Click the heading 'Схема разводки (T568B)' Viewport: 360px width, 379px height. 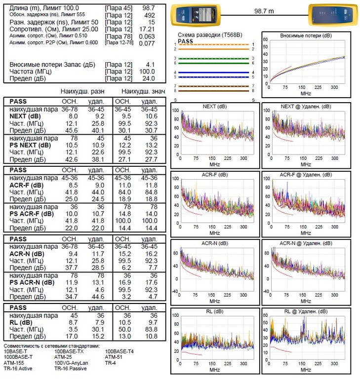(206, 36)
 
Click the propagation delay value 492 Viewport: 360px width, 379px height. (149, 15)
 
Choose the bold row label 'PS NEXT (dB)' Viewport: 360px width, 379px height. (30, 145)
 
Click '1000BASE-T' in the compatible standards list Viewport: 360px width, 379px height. (18, 357)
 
